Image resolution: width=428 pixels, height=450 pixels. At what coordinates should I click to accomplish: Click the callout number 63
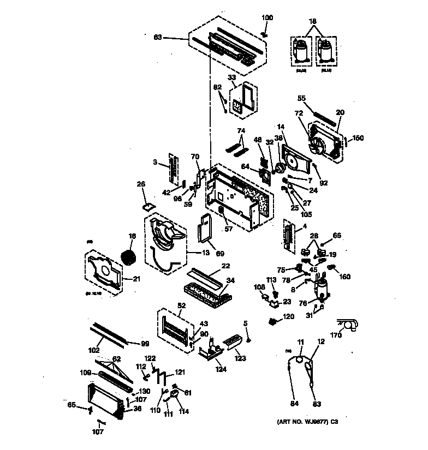158,37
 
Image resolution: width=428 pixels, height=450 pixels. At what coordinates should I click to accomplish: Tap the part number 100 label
267,18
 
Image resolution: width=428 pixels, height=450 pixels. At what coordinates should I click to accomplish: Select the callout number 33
231,79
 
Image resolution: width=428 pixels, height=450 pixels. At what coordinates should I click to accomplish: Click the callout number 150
357,138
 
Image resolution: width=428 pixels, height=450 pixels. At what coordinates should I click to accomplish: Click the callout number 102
94,350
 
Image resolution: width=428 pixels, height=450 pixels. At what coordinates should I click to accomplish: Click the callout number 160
345,276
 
